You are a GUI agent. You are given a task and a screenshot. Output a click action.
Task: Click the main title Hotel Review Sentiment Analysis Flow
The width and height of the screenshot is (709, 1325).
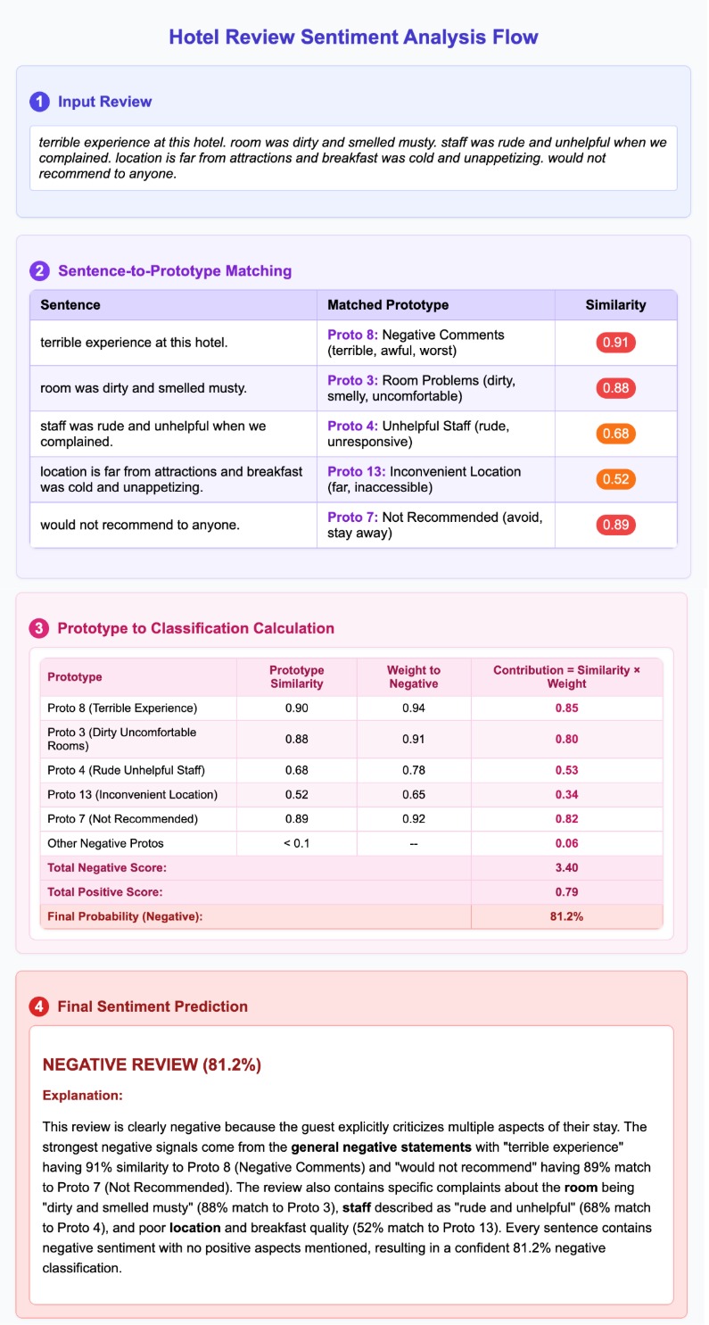tap(354, 37)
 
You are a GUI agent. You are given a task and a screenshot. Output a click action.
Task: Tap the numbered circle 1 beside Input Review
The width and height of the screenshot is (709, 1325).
tap(39, 102)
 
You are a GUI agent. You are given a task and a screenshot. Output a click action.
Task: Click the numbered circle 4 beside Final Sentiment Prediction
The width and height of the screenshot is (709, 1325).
tap(39, 1006)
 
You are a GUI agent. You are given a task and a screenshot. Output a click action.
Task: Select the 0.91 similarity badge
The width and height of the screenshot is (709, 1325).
tap(615, 343)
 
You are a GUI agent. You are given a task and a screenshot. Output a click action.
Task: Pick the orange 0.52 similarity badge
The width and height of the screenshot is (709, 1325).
tap(615, 479)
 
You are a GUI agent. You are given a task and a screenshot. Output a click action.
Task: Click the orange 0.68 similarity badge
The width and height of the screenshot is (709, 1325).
tap(615, 434)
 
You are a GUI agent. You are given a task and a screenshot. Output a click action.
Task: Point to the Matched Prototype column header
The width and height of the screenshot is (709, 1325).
tap(388, 305)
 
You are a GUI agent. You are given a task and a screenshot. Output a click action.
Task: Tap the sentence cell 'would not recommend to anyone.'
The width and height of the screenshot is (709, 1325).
tap(140, 525)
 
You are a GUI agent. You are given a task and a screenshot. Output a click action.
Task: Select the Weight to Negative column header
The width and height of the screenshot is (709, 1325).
tap(413, 677)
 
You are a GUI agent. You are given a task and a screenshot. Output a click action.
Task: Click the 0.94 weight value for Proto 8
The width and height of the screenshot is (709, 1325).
tap(413, 708)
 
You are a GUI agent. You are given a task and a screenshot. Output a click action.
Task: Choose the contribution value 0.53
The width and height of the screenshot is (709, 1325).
tap(566, 770)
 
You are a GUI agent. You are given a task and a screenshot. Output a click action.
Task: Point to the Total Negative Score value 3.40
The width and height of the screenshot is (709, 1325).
tap(566, 867)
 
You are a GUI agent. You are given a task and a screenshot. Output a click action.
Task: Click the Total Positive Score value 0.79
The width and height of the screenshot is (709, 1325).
tap(566, 892)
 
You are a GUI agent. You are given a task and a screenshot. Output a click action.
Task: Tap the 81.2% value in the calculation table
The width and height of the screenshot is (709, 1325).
tap(566, 916)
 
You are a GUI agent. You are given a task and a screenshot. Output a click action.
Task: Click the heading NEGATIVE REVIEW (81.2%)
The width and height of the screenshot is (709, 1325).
tap(152, 1065)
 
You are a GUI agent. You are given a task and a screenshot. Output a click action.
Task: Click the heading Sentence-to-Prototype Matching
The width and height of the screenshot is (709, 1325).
tap(174, 271)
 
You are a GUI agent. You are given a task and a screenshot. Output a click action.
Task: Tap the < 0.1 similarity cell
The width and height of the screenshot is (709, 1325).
tap(296, 843)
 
